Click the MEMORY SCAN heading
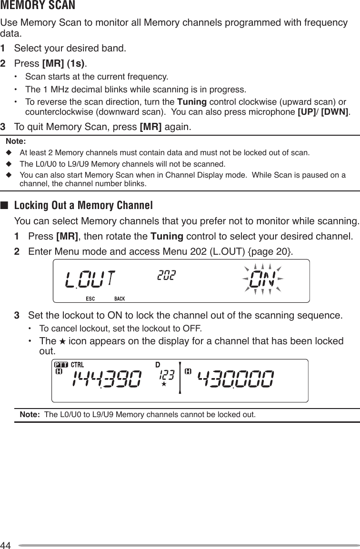point(38,6)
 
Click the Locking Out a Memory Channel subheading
point(83,206)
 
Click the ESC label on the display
point(90,299)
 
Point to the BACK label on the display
point(120,299)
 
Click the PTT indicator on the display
point(61,364)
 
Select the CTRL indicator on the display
point(77,364)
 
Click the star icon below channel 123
point(163,383)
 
